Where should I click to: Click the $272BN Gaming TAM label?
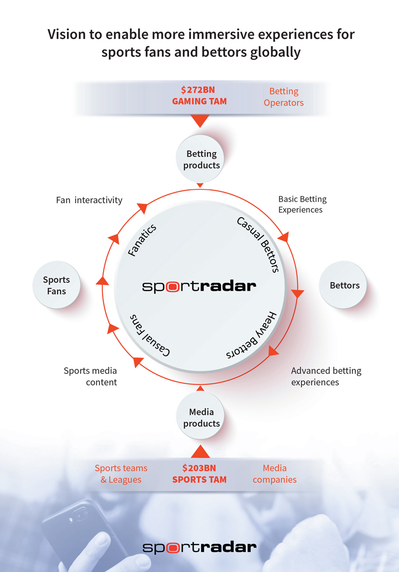200,96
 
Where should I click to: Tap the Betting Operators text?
284,97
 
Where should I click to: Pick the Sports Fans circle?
57,285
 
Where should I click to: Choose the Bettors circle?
344,285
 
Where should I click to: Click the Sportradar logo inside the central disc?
200,286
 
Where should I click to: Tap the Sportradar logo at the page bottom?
200,547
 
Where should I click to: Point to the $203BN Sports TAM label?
199,473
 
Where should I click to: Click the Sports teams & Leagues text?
121,474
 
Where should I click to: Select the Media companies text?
274,474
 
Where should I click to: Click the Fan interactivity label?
89,200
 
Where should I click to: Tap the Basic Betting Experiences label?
302,204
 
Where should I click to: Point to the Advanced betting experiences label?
326,376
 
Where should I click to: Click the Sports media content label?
91,376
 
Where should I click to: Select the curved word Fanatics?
142,239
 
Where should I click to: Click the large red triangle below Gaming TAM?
200,121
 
